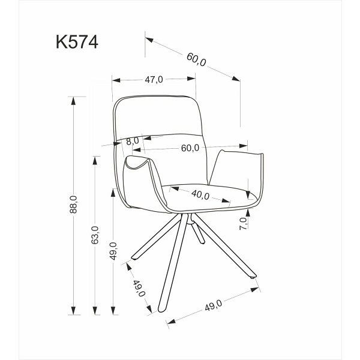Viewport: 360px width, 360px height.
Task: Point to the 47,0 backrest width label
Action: (154, 79)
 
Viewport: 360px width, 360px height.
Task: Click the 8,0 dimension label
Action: (132, 140)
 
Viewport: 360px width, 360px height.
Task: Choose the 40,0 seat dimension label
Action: (200, 195)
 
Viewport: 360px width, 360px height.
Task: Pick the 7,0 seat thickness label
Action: (243, 224)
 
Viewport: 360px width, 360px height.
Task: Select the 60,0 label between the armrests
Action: (190, 148)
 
